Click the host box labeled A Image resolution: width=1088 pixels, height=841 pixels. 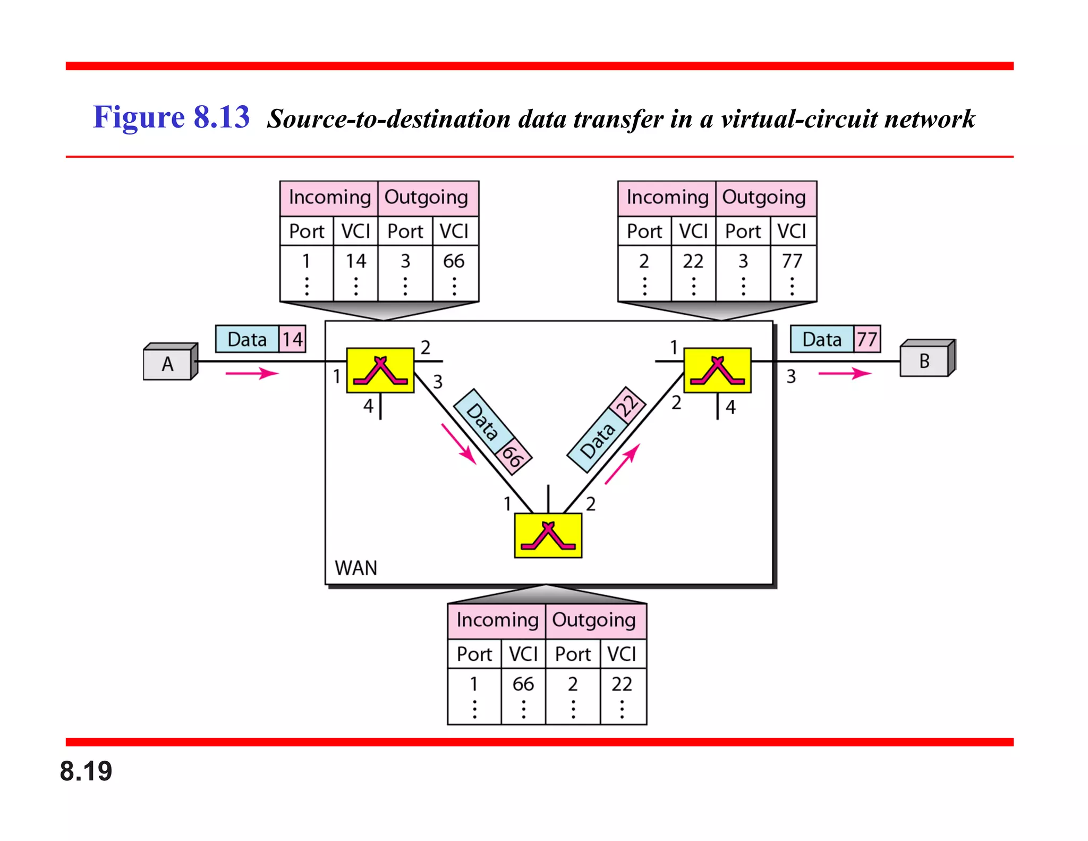168,363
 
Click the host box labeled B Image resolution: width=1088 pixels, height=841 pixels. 925,360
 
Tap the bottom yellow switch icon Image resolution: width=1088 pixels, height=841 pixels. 548,535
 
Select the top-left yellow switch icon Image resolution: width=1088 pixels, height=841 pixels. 380,371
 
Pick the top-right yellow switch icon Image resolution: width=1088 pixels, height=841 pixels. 717,371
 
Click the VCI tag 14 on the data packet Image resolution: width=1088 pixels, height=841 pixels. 292,339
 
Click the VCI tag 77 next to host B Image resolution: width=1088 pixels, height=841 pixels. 867,339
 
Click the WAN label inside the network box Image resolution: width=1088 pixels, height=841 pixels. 355,568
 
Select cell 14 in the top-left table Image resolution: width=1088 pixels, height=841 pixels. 355,261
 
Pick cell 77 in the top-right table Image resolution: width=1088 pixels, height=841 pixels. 792,261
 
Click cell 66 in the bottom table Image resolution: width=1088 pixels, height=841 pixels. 523,684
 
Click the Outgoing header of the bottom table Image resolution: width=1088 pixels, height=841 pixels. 594,620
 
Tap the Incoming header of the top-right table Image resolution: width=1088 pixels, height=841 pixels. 667,197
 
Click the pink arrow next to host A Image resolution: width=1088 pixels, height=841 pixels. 252,373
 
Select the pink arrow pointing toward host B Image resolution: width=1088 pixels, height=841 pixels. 845,373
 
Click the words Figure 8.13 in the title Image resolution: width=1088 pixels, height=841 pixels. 171,117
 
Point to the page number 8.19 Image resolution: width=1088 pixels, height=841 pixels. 86,771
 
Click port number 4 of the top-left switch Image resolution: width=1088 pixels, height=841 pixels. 368,407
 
